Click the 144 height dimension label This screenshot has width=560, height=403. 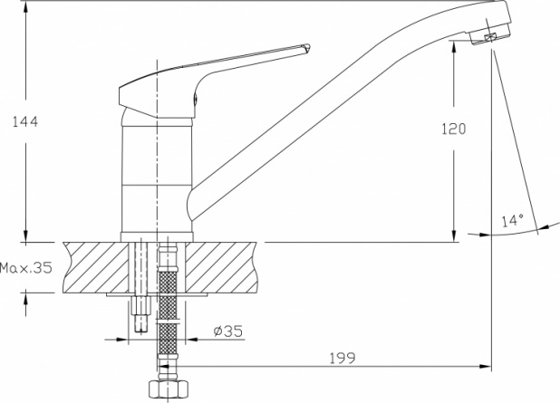point(25,121)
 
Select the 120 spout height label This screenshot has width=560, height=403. point(454,129)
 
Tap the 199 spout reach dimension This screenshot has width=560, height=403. point(343,358)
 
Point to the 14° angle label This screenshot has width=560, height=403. point(513,220)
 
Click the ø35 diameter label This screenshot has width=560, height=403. point(227,331)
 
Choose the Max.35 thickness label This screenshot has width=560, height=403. point(26,267)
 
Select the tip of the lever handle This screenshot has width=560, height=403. point(308,47)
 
